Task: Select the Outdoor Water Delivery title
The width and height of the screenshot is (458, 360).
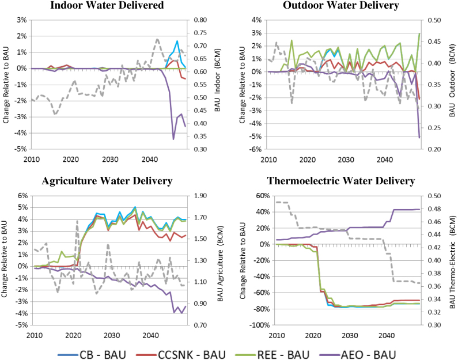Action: (341, 5)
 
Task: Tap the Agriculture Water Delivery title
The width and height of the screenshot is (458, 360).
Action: (107, 181)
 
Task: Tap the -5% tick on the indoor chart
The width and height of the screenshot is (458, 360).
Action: (19, 149)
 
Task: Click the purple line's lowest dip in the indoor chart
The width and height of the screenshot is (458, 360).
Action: (173, 139)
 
